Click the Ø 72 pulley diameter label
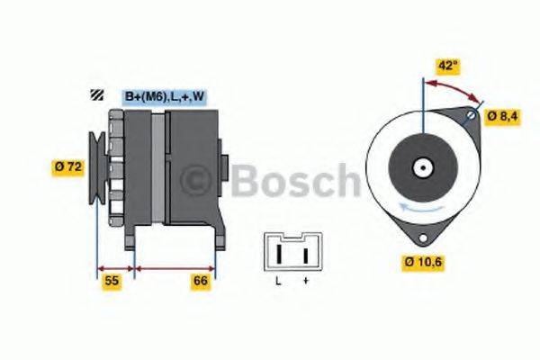click(x=69, y=166)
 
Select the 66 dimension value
click(x=201, y=282)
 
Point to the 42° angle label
click(x=447, y=66)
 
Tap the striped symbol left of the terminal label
click(x=96, y=95)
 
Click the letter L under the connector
click(x=277, y=283)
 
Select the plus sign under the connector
click(x=305, y=283)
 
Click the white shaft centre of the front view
click(x=422, y=167)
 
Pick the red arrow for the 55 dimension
click(x=115, y=268)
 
